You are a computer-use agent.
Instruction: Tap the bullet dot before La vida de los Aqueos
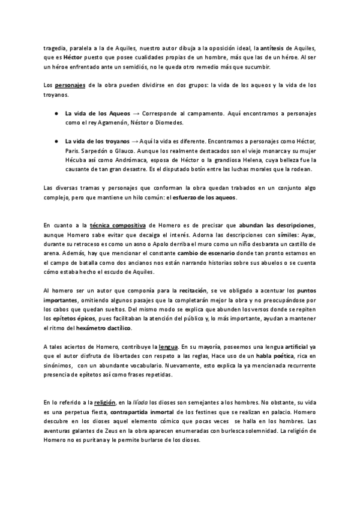point(55,113)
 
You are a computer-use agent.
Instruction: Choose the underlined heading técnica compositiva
point(115,224)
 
